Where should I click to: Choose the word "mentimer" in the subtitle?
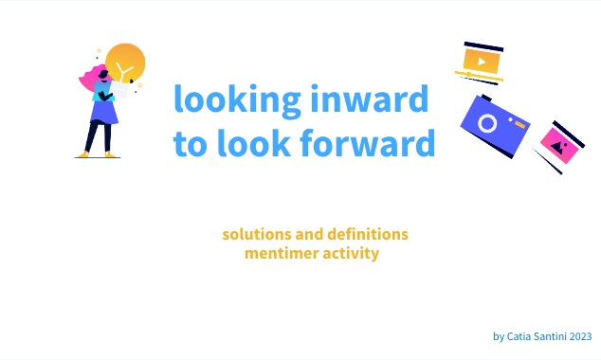tap(280, 253)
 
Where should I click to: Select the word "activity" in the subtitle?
tap(350, 253)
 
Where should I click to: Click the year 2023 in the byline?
tap(580, 335)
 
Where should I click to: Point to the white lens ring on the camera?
tap(488, 124)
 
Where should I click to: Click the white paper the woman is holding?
tap(120, 92)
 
